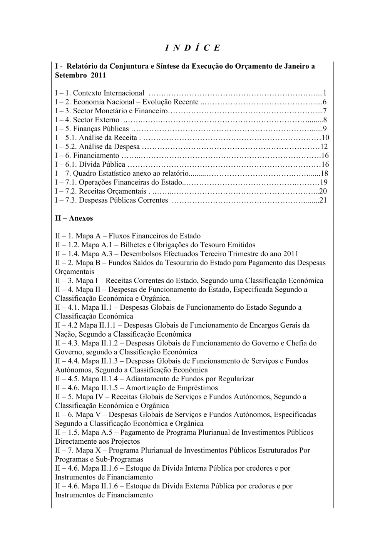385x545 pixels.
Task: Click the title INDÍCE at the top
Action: [x=192, y=48]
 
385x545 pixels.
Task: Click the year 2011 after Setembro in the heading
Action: [x=98, y=75]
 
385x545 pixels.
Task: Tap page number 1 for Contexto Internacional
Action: [x=325, y=93]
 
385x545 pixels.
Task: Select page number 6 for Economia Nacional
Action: [x=325, y=102]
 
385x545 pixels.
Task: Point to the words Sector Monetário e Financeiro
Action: [x=121, y=111]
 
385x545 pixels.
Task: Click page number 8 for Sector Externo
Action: [x=325, y=120]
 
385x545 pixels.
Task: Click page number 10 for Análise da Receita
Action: [x=325, y=138]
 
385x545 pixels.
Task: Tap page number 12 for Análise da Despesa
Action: [x=324, y=147]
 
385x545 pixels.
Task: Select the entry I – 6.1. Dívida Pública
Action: [x=90, y=164]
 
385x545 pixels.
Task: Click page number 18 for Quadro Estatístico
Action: [x=324, y=173]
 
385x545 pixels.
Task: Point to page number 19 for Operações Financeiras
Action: [x=324, y=182]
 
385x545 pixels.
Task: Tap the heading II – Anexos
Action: [x=74, y=218]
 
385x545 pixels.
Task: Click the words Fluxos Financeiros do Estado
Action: [x=154, y=236]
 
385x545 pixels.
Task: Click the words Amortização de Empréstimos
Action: [x=172, y=387]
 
